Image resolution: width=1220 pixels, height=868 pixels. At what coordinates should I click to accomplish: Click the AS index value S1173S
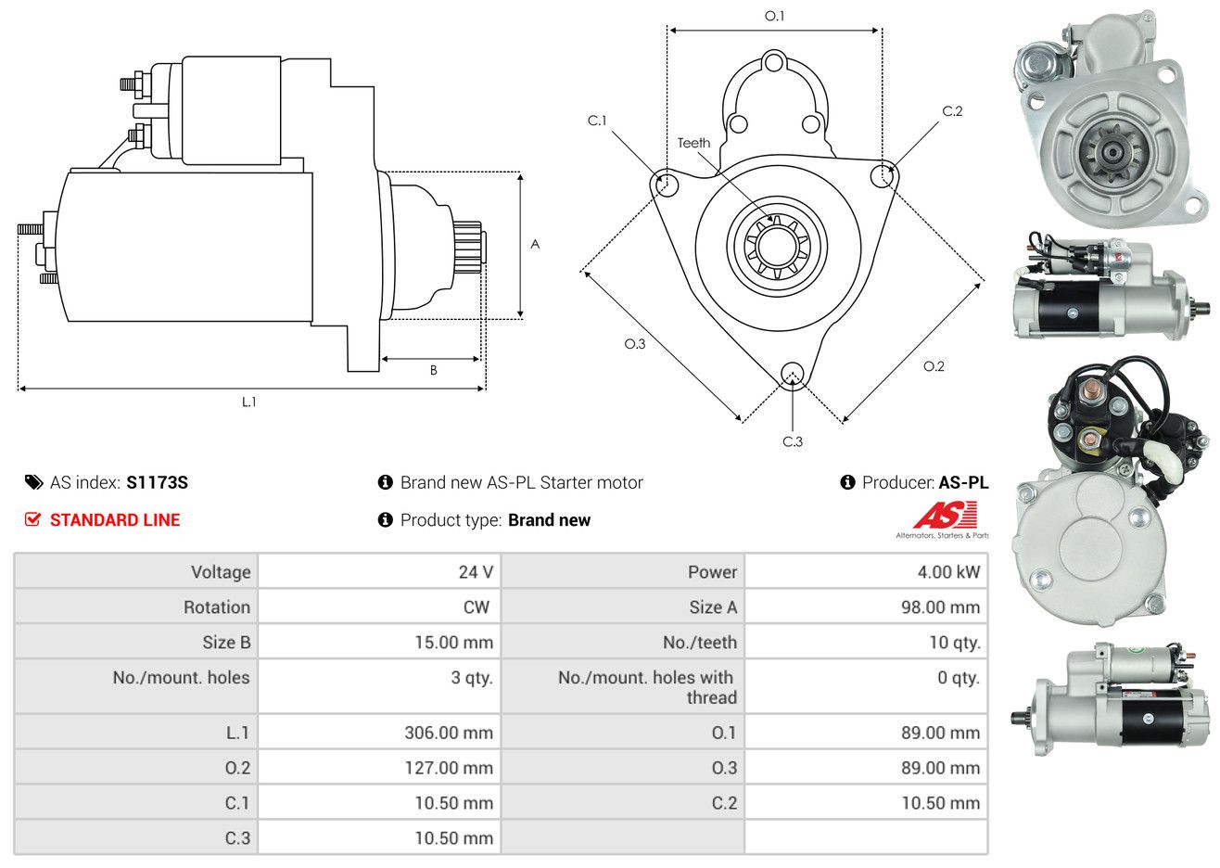pyautogui.click(x=157, y=483)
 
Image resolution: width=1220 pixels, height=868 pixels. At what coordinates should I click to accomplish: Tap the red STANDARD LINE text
pyautogui.click(x=115, y=520)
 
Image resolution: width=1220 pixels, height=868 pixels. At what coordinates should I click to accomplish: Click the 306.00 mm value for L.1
pyautogui.click(x=449, y=733)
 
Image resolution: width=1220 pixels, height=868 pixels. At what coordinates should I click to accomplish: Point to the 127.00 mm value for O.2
pyautogui.click(x=449, y=768)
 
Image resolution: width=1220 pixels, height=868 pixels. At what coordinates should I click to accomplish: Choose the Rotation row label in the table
pyautogui.click(x=217, y=607)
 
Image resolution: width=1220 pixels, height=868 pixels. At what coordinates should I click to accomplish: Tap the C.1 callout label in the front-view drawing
pyautogui.click(x=597, y=121)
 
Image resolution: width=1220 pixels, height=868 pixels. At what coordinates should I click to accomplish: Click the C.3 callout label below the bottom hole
pyautogui.click(x=793, y=442)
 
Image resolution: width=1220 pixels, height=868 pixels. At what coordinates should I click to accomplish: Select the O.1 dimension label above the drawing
pyautogui.click(x=774, y=17)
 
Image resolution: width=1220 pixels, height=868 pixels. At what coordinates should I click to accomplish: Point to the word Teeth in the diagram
pyautogui.click(x=693, y=143)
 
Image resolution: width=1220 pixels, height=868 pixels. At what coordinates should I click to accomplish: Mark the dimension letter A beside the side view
pyautogui.click(x=535, y=244)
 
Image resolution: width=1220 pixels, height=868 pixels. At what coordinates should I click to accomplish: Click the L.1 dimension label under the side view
pyautogui.click(x=248, y=402)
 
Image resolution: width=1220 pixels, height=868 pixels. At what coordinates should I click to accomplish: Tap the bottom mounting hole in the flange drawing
pyautogui.click(x=793, y=375)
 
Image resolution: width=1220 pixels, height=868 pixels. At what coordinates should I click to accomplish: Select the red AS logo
pyautogui.click(x=945, y=515)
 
